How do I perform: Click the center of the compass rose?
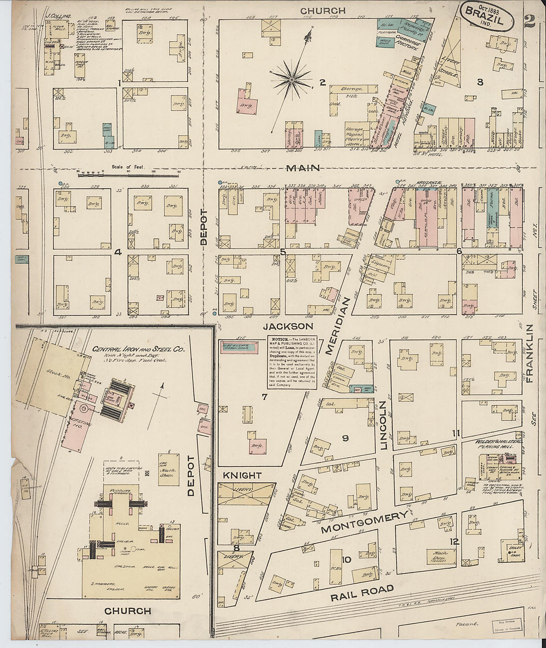(292, 79)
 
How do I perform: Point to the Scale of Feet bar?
(128, 173)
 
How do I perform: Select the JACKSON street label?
(288, 326)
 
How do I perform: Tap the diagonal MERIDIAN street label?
(339, 326)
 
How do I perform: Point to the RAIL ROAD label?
(362, 592)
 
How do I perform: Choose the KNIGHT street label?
(242, 475)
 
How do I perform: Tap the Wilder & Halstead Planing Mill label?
(491, 443)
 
